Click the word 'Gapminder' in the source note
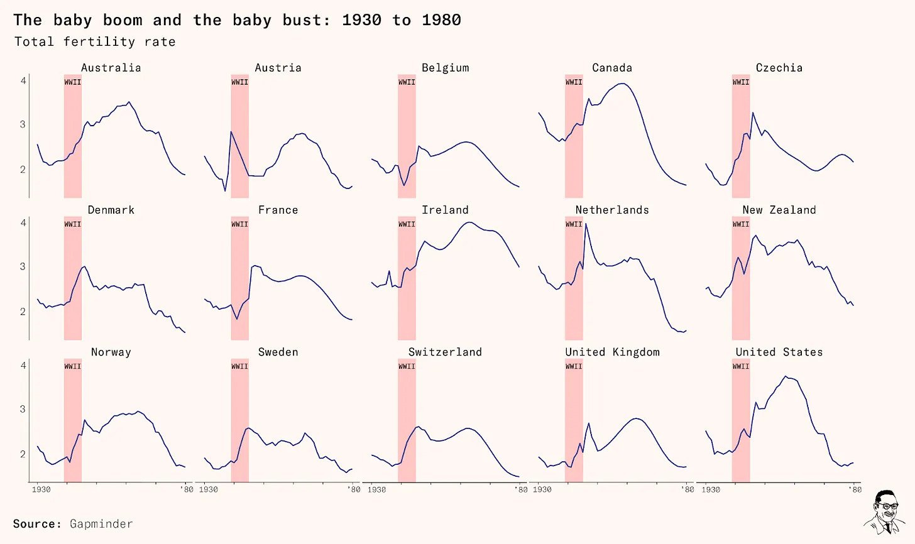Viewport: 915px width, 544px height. [101, 524]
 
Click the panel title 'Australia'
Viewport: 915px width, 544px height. [111, 68]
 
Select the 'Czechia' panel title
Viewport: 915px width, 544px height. [779, 68]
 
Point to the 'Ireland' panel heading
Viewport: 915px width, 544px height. [445, 210]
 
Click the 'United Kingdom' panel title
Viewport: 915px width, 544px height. [612, 352]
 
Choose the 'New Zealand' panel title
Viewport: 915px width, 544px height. [779, 210]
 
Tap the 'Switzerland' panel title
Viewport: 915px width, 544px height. [445, 352]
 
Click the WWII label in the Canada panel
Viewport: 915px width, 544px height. [573, 82]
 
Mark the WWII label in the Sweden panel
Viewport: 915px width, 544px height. [239, 366]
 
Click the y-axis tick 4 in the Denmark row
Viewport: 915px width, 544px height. [23, 223]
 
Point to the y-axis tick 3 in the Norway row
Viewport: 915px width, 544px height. [23, 409]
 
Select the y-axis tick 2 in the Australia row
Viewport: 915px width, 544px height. [23, 170]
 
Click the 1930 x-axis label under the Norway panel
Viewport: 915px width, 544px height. [41, 489]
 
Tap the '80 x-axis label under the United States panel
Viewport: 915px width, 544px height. [855, 489]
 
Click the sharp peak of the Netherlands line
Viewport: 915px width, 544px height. [586, 224]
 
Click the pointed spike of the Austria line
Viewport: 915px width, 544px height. [231, 132]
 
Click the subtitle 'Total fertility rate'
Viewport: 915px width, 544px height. [95, 42]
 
